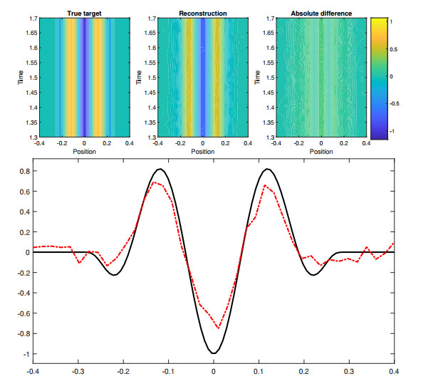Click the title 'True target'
click(x=85, y=13)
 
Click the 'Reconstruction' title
click(x=203, y=13)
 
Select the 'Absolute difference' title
click(x=321, y=13)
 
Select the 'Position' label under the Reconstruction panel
click(x=203, y=151)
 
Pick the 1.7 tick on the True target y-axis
click(x=31, y=18)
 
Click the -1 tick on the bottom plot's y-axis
click(x=25, y=354)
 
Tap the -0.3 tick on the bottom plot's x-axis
click(x=78, y=371)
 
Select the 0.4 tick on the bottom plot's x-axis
click(x=394, y=371)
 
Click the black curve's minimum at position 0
click(x=214, y=353)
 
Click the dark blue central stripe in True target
click(x=85, y=78)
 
